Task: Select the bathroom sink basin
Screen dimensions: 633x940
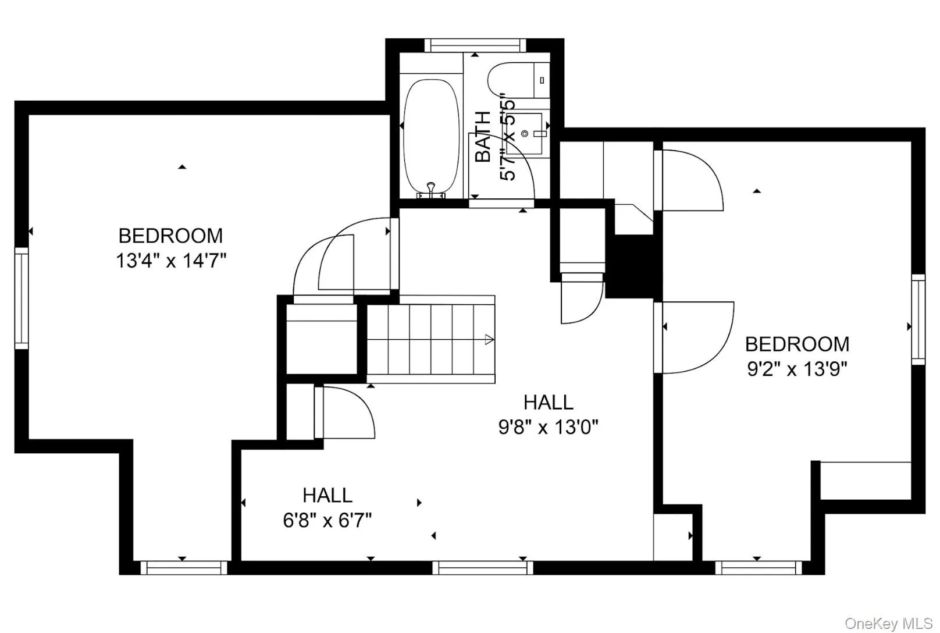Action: tap(525, 134)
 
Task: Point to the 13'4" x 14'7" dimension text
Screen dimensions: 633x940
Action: tap(171, 261)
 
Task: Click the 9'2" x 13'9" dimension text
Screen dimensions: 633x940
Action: tap(797, 369)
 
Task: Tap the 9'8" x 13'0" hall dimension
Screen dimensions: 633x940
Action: tap(549, 428)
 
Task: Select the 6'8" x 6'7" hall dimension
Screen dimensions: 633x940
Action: tap(327, 520)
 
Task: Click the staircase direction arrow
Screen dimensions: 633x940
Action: tap(489, 340)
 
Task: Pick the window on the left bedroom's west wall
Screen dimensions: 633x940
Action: tap(22, 298)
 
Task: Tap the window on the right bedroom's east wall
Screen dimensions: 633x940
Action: tap(918, 319)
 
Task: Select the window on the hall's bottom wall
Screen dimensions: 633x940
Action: tap(482, 567)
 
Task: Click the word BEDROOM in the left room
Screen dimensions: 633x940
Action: tap(171, 236)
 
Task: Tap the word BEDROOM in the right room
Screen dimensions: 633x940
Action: tap(797, 344)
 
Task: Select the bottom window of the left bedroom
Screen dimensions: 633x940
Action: tap(184, 567)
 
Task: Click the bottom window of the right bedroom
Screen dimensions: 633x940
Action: tap(758, 567)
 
